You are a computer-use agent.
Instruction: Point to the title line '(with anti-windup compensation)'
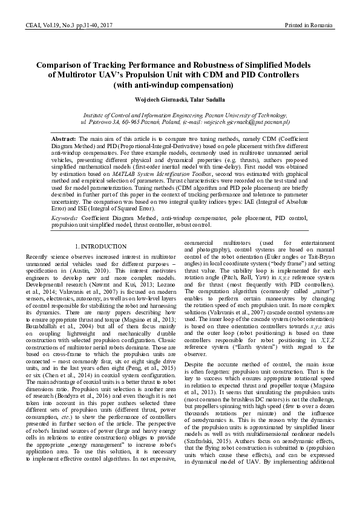(x=179, y=85)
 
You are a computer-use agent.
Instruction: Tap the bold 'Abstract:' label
(x=64, y=138)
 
